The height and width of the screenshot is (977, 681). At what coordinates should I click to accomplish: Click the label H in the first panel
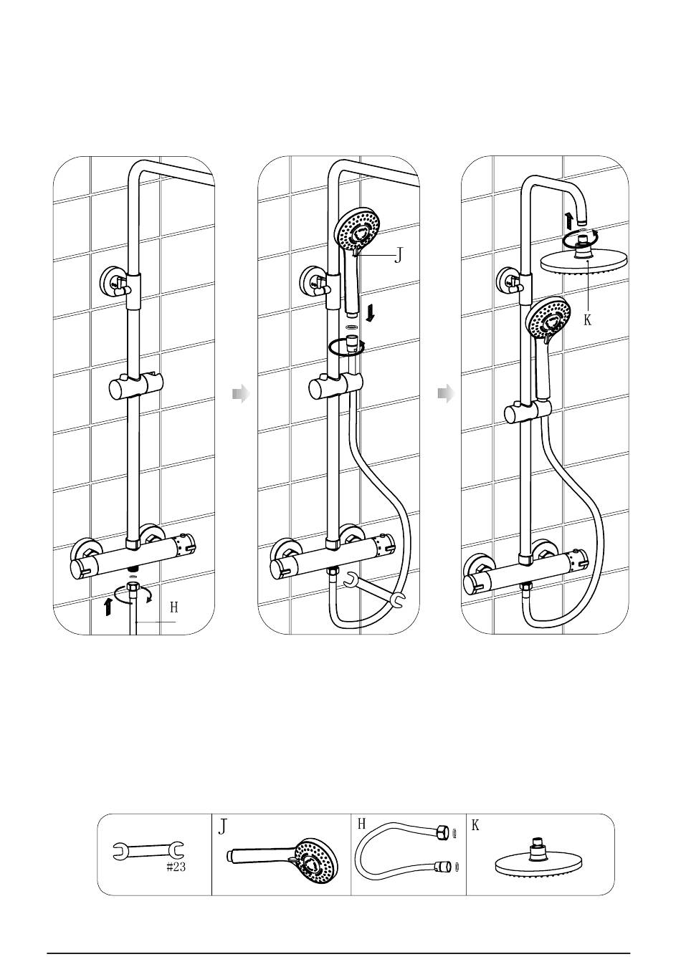point(173,607)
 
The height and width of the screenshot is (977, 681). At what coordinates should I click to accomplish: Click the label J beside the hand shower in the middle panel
point(398,255)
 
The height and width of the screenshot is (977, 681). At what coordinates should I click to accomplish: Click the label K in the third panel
point(588,320)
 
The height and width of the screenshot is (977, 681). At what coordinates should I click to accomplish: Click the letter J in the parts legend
point(223,826)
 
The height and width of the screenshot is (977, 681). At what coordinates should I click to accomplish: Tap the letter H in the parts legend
point(361,824)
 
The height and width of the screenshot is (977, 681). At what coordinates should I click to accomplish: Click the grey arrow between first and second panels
point(241,394)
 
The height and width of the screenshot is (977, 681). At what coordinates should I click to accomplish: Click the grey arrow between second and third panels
point(446,394)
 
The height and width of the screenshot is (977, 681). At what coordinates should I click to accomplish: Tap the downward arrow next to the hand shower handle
point(371,313)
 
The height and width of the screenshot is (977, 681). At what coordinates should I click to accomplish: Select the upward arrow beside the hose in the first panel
point(108,607)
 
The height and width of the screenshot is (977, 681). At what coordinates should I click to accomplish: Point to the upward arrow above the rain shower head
point(568,221)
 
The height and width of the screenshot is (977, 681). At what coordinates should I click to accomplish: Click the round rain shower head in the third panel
point(584,261)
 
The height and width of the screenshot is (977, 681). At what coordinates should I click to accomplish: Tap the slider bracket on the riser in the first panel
point(135,387)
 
